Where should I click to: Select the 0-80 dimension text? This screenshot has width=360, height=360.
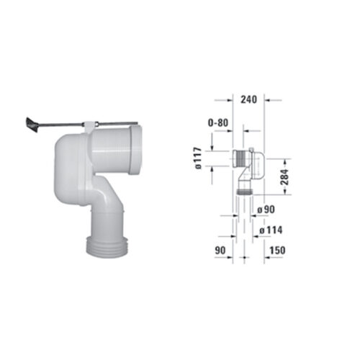click(220, 123)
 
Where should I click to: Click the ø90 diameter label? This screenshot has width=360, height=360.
click(266, 210)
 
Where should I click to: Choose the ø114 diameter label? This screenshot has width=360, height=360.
click(269, 231)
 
